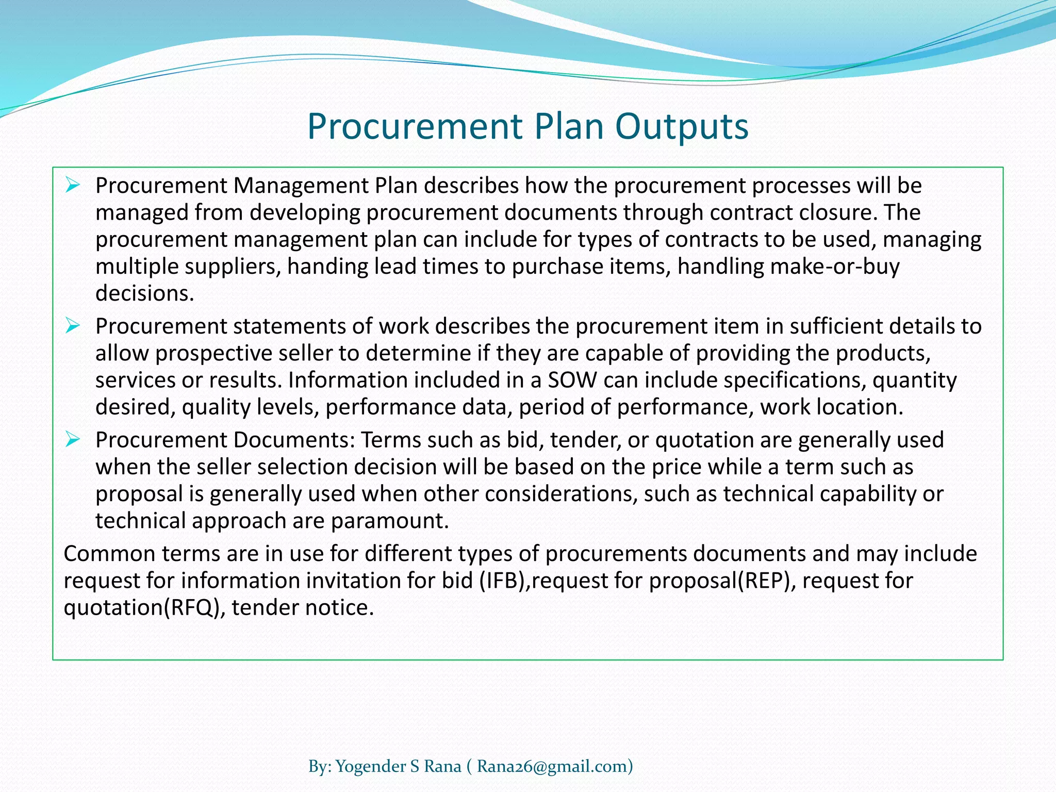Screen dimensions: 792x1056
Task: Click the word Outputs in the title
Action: click(x=681, y=127)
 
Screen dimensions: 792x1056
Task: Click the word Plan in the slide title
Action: click(x=569, y=126)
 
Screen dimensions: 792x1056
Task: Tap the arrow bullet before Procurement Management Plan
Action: click(x=73, y=185)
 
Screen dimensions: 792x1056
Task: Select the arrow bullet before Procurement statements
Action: click(x=73, y=325)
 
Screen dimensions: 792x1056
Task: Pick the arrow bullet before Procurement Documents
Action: click(x=73, y=439)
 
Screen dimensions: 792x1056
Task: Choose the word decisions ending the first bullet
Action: click(x=144, y=293)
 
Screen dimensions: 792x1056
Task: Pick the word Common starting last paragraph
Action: click(x=109, y=554)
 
